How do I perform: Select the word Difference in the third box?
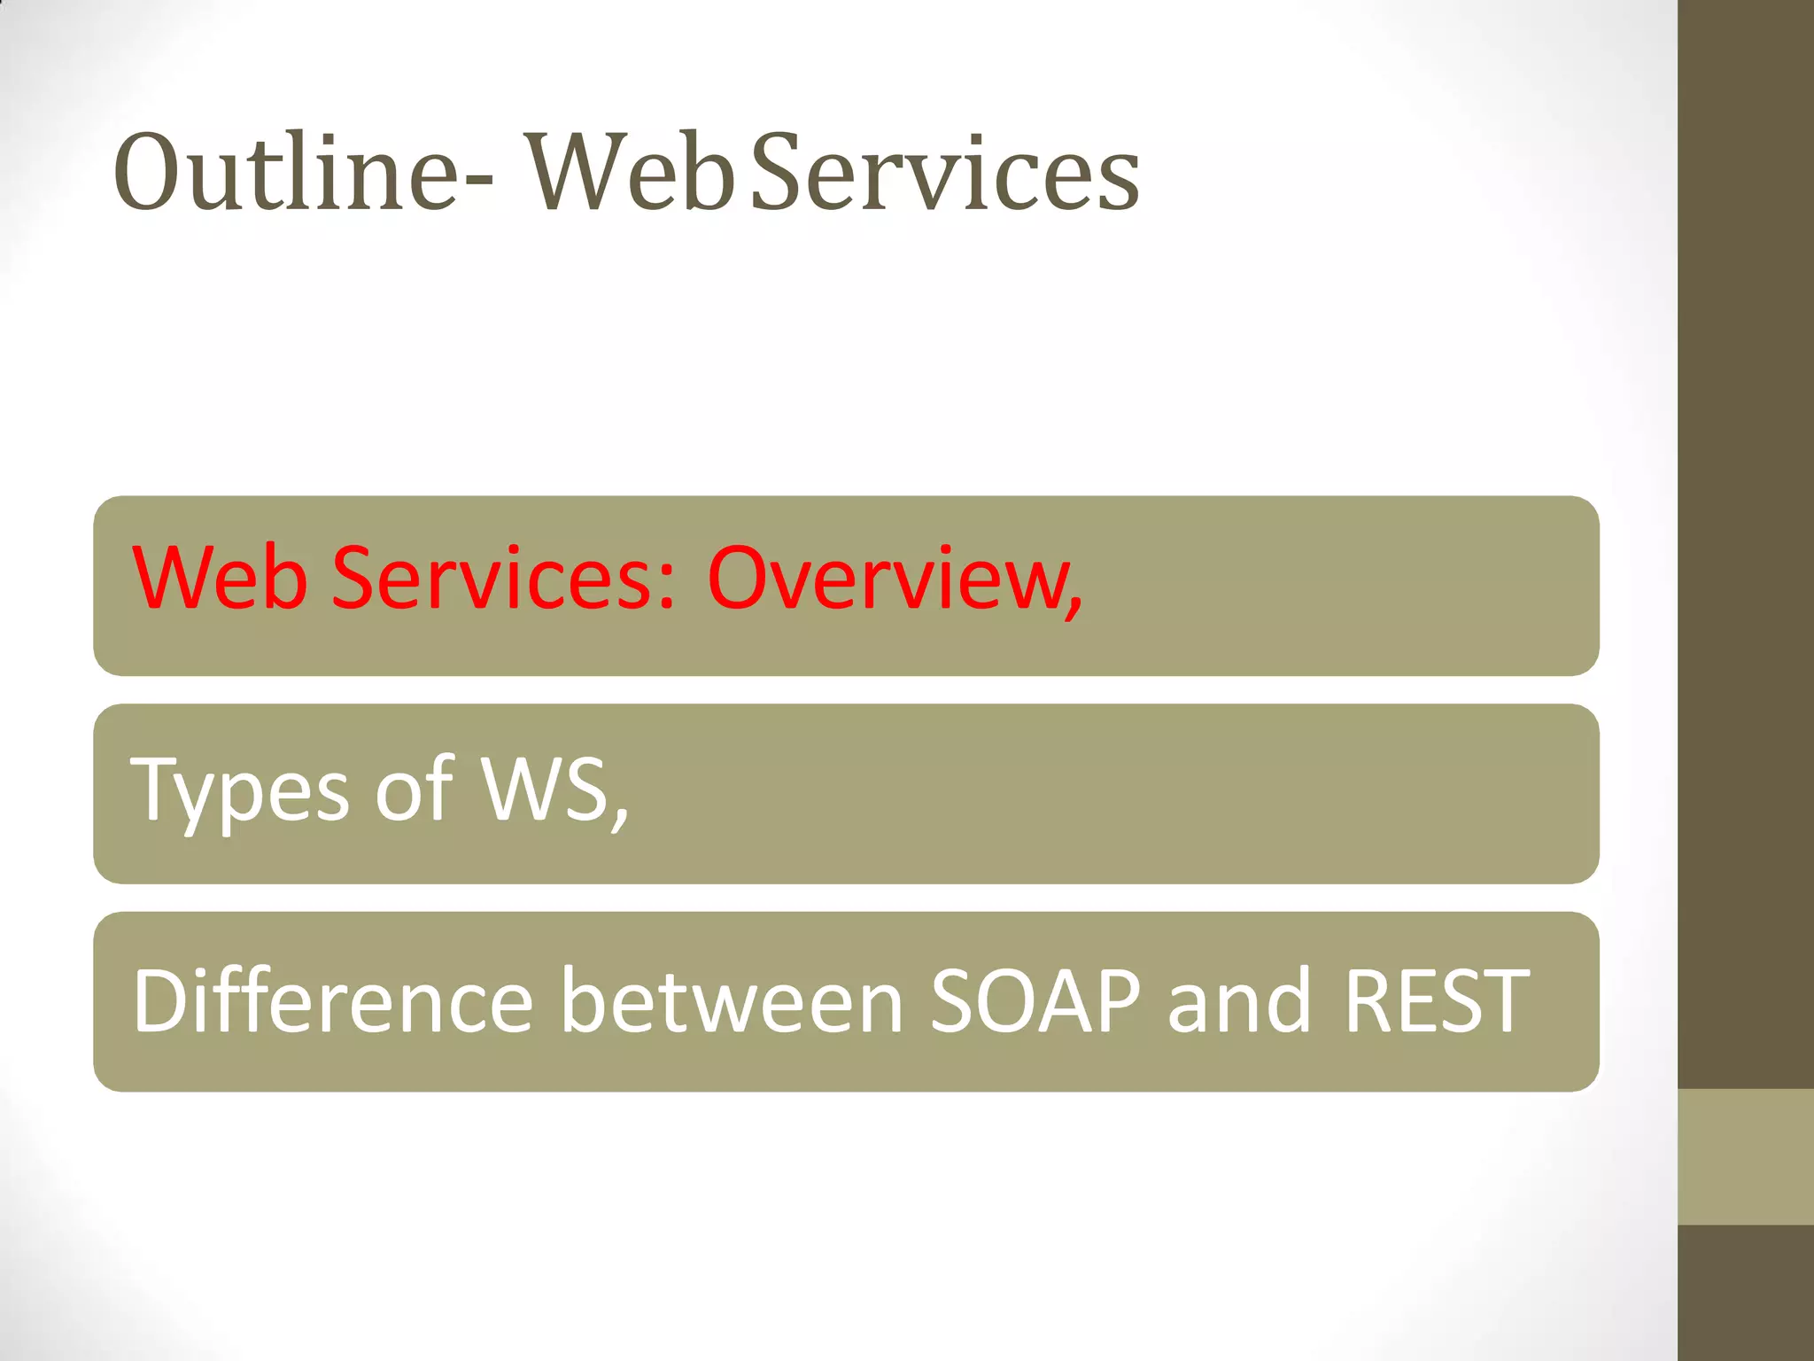pos(333,1000)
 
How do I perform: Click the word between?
pos(733,1000)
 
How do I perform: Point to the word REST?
pos(1437,1000)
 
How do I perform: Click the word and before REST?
pos(1239,1000)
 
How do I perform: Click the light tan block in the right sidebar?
pos(1745,1156)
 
